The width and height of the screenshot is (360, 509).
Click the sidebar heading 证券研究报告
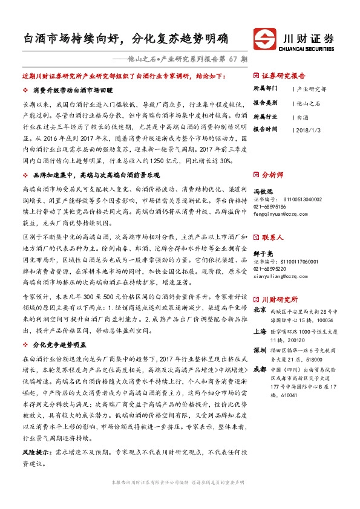284,77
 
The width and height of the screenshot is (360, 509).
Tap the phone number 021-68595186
269,206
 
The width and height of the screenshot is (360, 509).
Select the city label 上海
259,331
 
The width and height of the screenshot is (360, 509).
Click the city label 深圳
259,351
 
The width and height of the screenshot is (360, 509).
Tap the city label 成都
259,369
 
